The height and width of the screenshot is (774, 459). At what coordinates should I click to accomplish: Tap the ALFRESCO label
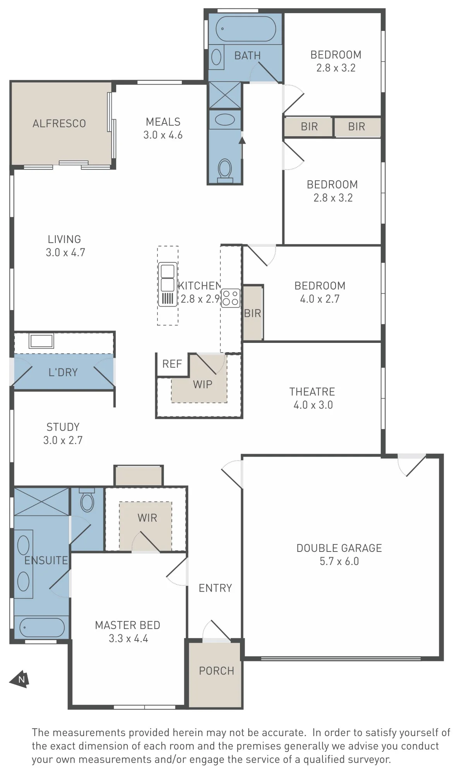coord(59,123)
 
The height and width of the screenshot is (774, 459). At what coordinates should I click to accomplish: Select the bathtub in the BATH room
coord(246,29)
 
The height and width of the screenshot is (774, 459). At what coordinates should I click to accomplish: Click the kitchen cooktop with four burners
coord(230,298)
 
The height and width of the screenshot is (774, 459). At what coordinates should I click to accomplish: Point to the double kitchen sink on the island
coord(168,284)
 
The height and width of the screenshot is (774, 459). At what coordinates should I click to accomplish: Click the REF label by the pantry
coord(172,364)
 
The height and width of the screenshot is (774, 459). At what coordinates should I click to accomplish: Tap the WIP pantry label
coord(202,384)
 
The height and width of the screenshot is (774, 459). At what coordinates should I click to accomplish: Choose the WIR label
coord(147,518)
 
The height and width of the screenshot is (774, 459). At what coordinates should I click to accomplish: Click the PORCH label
coord(216,671)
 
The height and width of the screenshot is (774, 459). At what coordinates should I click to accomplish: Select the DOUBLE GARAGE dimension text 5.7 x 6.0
coord(339,561)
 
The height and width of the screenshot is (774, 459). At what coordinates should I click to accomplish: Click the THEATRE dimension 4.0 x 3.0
coord(313,405)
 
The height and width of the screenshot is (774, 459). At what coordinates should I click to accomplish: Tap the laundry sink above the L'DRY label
coord(41,341)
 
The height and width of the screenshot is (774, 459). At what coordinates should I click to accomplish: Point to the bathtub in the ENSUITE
coord(42,627)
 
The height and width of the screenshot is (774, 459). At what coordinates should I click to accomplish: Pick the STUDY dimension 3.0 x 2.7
coord(63,440)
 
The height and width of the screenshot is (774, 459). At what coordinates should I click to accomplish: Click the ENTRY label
coord(215,588)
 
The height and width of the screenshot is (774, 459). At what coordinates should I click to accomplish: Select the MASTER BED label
coord(127,625)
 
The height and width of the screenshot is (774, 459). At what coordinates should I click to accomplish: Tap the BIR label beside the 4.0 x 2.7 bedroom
coord(252,313)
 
